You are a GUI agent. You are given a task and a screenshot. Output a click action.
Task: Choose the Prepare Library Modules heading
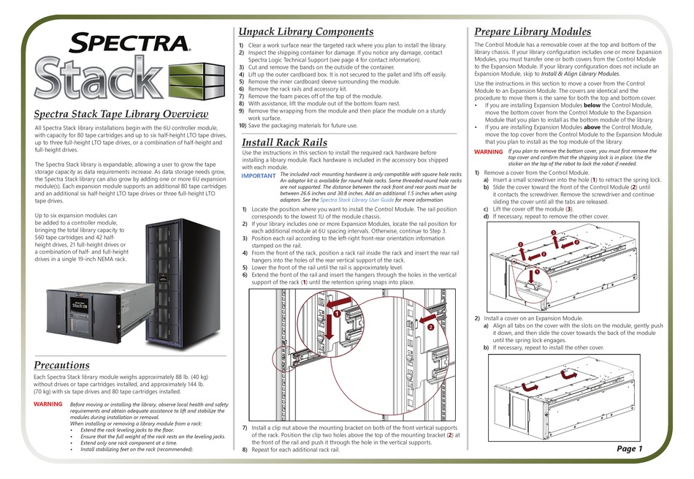(x=533, y=31)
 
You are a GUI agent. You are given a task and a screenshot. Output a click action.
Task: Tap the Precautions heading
(x=62, y=364)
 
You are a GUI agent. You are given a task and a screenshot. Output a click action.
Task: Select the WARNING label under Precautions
(x=48, y=404)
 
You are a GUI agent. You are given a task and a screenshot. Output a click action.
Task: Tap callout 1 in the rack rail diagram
(x=338, y=313)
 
